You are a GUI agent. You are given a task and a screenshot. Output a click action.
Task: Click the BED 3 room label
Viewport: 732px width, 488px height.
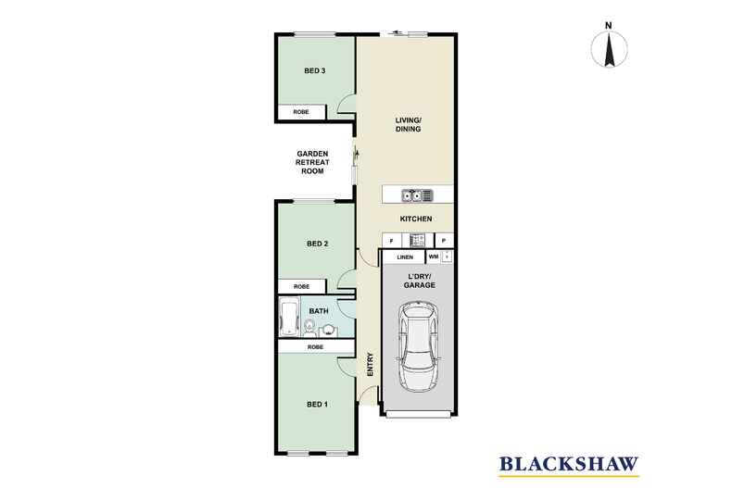pyautogui.click(x=315, y=71)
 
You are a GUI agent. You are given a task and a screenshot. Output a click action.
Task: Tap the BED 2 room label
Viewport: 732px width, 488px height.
pyautogui.click(x=318, y=244)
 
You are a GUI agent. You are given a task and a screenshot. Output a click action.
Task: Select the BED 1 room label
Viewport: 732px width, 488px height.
pyautogui.click(x=318, y=405)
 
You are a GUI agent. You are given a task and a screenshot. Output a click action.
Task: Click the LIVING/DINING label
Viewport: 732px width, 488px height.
pyautogui.click(x=408, y=124)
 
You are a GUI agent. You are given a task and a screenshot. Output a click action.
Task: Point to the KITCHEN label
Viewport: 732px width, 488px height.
pyautogui.click(x=416, y=219)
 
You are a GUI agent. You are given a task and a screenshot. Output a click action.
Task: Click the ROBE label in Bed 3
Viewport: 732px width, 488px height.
pyautogui.click(x=301, y=112)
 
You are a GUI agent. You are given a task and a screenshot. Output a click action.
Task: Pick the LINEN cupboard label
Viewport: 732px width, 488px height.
pyautogui.click(x=404, y=257)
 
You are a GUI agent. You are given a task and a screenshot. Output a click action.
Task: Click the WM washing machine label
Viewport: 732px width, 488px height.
pyautogui.click(x=433, y=257)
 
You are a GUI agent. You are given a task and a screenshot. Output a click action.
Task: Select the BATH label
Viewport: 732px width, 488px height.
pyautogui.click(x=319, y=311)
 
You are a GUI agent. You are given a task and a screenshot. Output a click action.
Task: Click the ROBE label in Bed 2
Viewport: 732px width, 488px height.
pyautogui.click(x=301, y=287)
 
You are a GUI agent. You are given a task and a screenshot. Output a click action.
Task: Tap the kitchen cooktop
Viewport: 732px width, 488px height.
pyautogui.click(x=417, y=240)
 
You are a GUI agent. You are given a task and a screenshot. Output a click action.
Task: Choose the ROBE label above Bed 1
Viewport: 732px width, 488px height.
pyautogui.click(x=315, y=346)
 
